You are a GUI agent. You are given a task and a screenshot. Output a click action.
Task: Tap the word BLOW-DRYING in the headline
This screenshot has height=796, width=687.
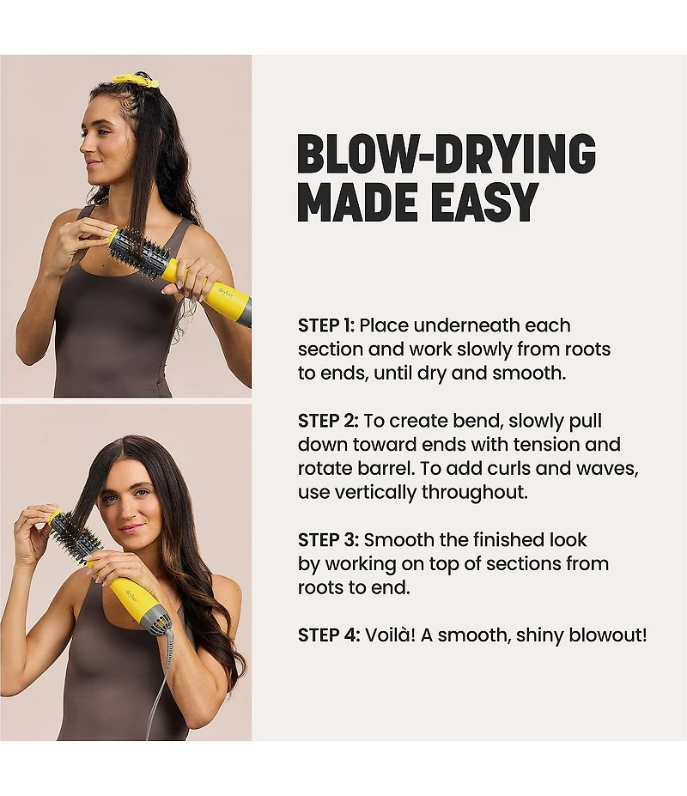[447, 154]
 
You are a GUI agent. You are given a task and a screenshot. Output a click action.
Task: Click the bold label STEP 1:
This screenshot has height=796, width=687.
[326, 325]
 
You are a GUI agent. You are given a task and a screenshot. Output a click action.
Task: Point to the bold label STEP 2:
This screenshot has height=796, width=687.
[328, 421]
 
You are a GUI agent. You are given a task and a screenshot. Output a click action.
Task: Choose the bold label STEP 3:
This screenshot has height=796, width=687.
[328, 539]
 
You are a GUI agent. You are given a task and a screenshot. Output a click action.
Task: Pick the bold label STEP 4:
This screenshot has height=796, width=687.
[329, 635]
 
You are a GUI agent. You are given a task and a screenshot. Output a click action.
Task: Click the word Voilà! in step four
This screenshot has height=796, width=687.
[391, 635]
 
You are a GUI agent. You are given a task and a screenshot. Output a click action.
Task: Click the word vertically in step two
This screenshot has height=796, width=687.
[374, 492]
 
